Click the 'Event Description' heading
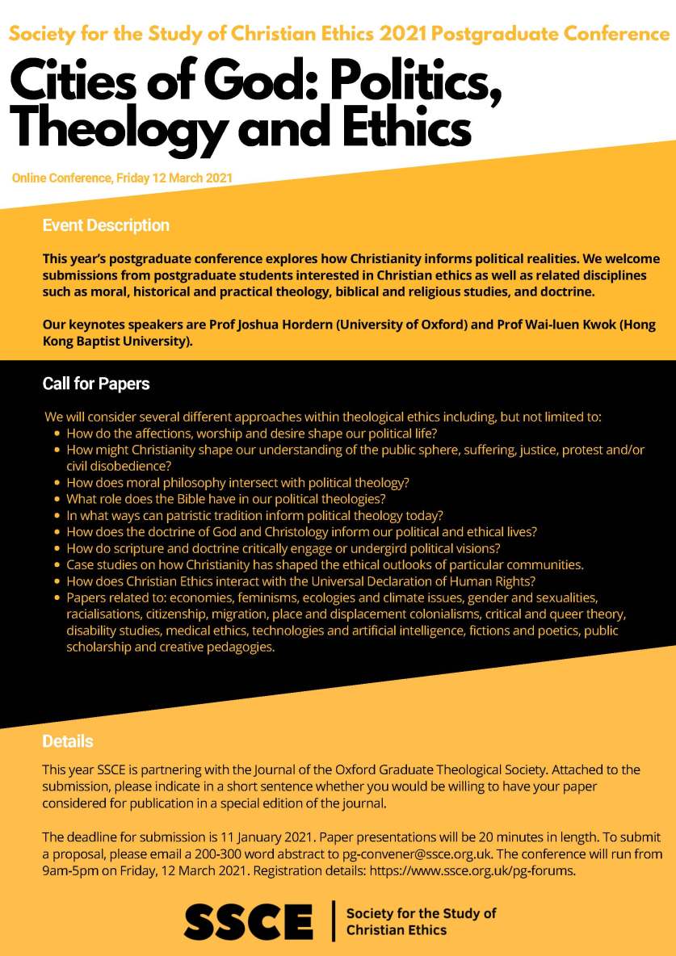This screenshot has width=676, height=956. click(x=106, y=225)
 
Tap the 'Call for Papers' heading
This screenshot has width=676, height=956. click(x=96, y=384)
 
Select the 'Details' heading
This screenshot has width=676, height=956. click(x=68, y=741)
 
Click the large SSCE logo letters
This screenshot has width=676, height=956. click(x=249, y=921)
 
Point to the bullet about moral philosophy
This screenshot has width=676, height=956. click(x=237, y=483)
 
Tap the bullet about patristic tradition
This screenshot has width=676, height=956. click(x=254, y=515)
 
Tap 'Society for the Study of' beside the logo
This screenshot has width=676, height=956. click(x=421, y=913)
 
